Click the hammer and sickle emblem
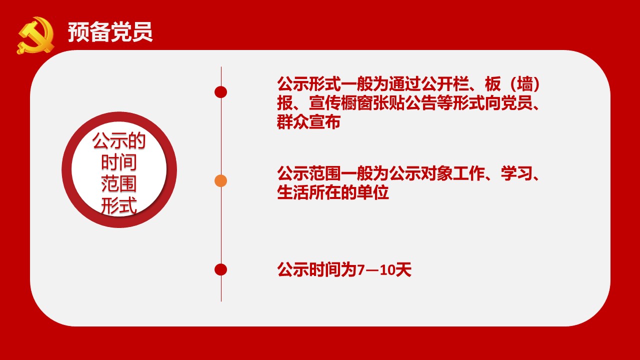[x=35, y=35]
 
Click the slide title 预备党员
[x=110, y=32]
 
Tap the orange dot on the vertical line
[x=221, y=181]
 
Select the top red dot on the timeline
[x=221, y=92]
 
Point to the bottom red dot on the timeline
[x=221, y=269]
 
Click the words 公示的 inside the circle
[x=119, y=140]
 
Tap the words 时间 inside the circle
[x=119, y=162]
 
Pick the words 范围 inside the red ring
[x=119, y=183]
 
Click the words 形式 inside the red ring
[x=119, y=205]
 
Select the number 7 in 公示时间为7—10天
[x=361, y=269]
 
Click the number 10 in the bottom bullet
[x=387, y=269]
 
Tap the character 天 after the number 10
[x=403, y=269]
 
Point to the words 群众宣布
[x=308, y=122]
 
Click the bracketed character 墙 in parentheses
[x=525, y=84]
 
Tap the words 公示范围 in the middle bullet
[x=308, y=173]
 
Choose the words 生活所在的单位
[x=333, y=192]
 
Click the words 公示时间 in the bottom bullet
[x=308, y=269]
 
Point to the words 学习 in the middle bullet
[x=516, y=173]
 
